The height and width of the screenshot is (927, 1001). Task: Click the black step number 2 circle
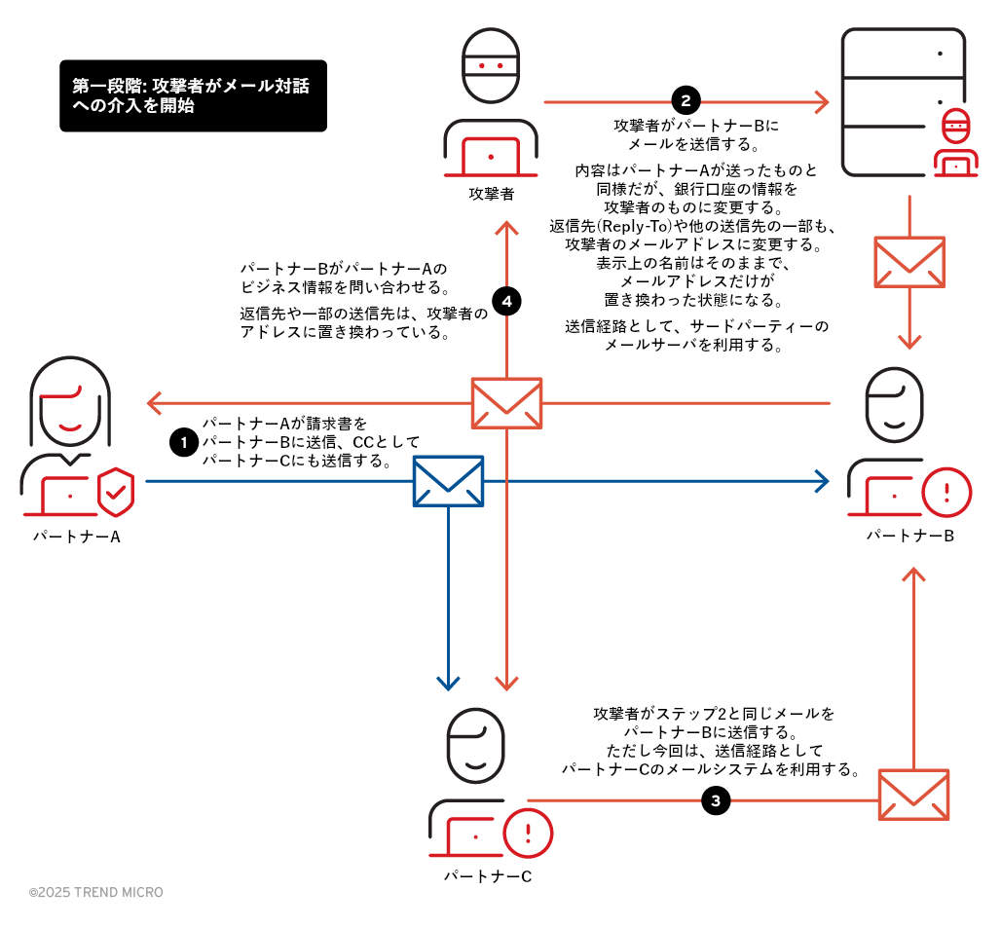[686, 100]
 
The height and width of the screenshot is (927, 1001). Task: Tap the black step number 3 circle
[716, 801]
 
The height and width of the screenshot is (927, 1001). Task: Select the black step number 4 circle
[505, 302]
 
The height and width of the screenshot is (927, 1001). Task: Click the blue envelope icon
[448, 481]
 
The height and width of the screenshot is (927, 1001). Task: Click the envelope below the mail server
[909, 262]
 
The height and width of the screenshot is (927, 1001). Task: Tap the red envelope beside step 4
[506, 403]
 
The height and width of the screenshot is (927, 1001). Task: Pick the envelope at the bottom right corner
[913, 795]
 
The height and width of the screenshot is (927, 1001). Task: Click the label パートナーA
[77, 537]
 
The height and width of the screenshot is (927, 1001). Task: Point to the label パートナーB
[910, 537]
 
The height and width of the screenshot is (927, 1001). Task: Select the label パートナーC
[488, 876]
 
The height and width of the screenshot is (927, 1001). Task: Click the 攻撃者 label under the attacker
[491, 193]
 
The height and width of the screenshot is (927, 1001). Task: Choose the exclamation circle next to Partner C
[528, 833]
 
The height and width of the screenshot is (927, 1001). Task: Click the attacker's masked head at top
[491, 66]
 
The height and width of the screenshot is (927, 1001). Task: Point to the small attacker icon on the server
[956, 144]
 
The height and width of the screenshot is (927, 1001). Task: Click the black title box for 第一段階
[193, 95]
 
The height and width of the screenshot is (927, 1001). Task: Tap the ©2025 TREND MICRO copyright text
[96, 892]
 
